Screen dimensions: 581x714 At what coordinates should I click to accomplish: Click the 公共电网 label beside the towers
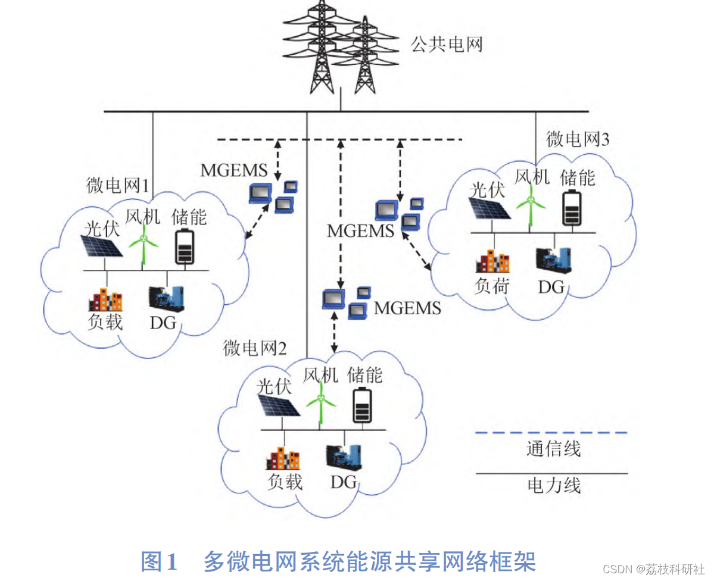446,45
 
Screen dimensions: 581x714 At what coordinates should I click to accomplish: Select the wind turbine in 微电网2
321,405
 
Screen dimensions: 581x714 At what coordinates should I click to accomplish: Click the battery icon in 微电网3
573,208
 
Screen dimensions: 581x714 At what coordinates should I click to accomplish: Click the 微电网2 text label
255,348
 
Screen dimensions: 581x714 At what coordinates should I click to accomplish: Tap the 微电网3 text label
578,139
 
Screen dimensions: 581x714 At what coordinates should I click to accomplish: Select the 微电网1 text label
118,185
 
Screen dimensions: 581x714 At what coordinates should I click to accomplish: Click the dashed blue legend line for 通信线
551,432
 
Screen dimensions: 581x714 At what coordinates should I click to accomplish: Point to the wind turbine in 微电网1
144,245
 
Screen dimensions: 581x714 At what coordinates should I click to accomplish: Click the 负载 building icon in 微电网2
283,459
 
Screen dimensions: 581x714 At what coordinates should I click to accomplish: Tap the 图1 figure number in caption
159,561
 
